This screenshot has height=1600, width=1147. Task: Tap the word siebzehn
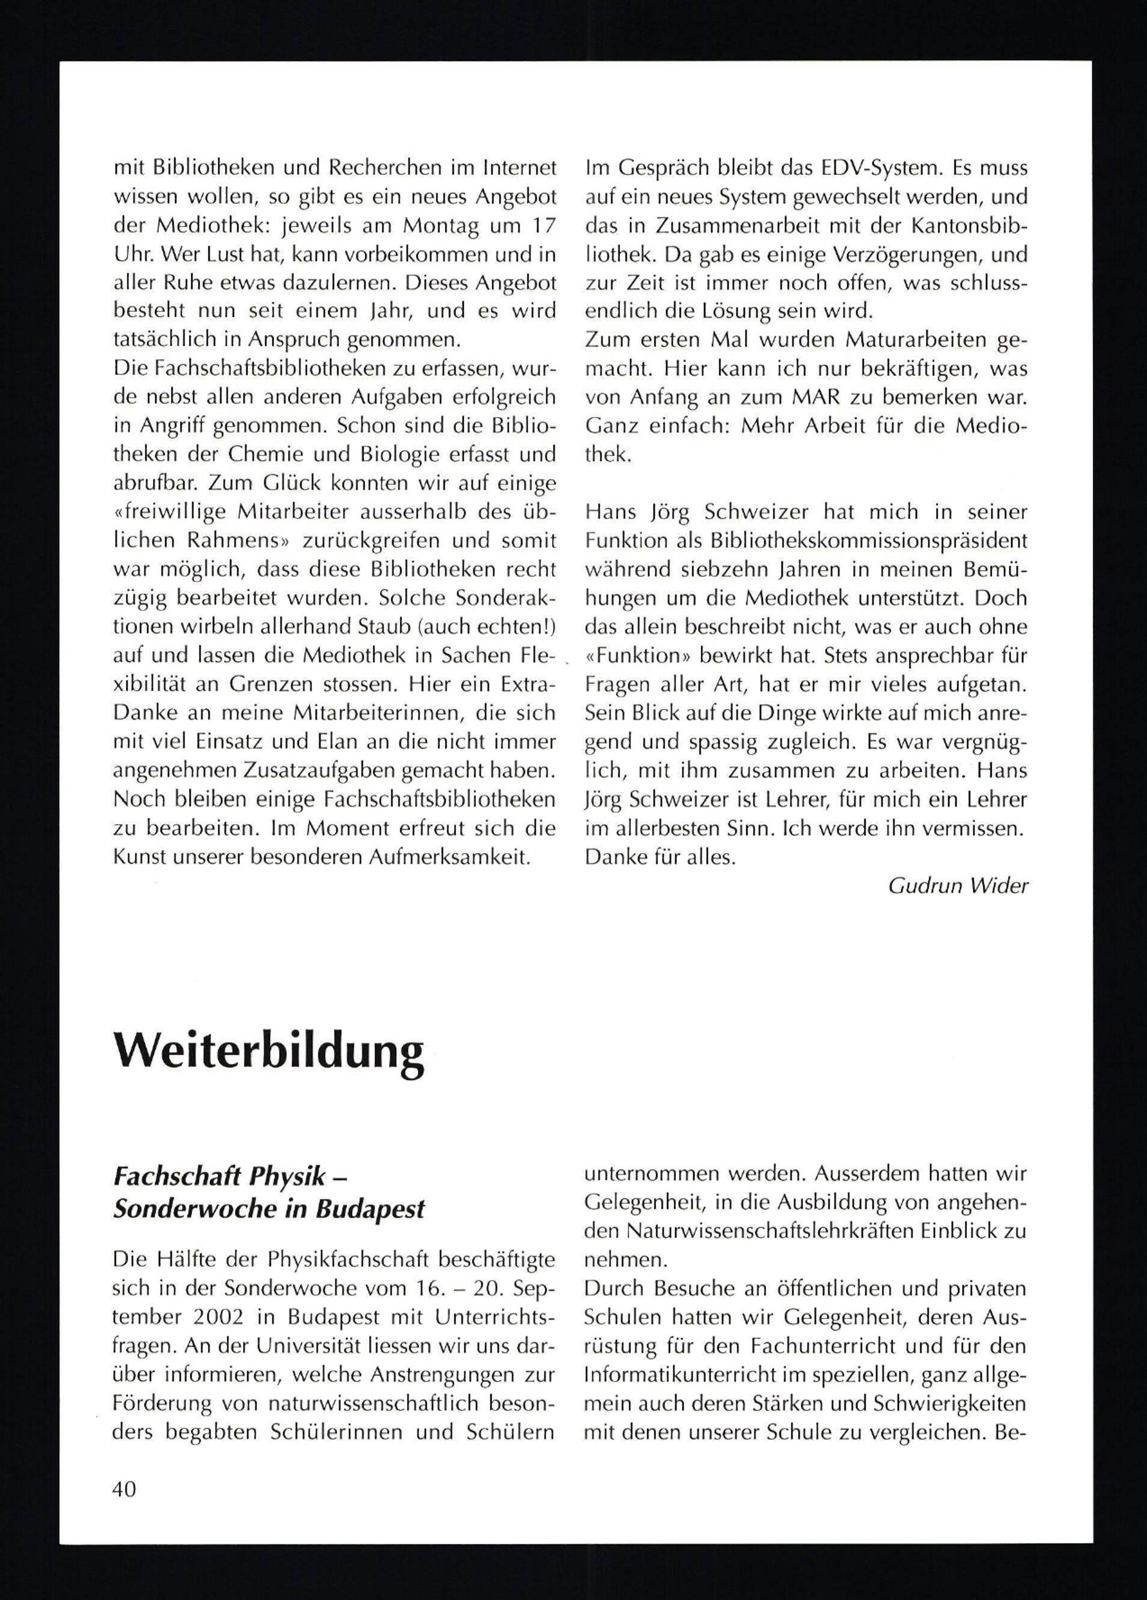(x=727, y=570)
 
